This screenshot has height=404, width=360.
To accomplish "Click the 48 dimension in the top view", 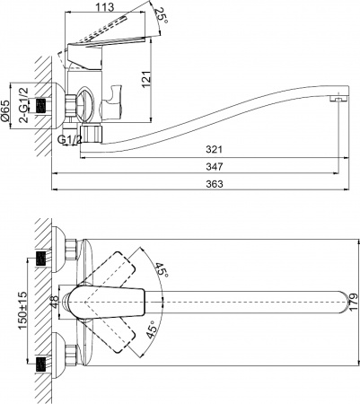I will pyautogui.click(x=54, y=303).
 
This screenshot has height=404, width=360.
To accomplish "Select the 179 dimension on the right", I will pyautogui.click(x=353, y=303).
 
